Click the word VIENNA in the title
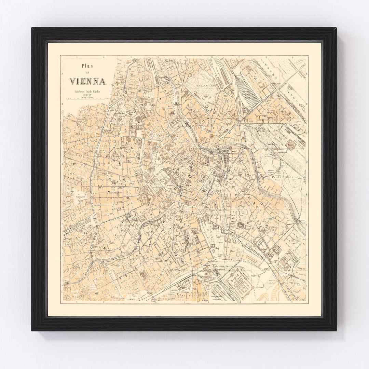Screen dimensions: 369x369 87,81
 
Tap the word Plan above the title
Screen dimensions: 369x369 88,66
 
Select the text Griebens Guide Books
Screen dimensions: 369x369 87,91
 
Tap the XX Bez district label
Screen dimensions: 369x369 169,61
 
